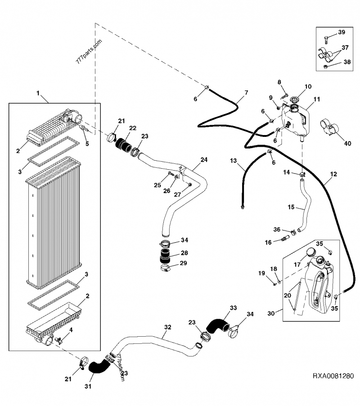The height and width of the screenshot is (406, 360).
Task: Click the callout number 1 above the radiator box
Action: [39, 94]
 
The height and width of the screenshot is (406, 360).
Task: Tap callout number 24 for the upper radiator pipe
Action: [204, 160]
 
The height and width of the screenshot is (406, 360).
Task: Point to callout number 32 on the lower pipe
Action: [167, 328]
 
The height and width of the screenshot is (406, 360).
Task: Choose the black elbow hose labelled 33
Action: [216, 325]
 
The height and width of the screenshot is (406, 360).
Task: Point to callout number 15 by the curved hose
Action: [291, 207]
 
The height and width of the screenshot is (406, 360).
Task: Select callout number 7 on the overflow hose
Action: [246, 93]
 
